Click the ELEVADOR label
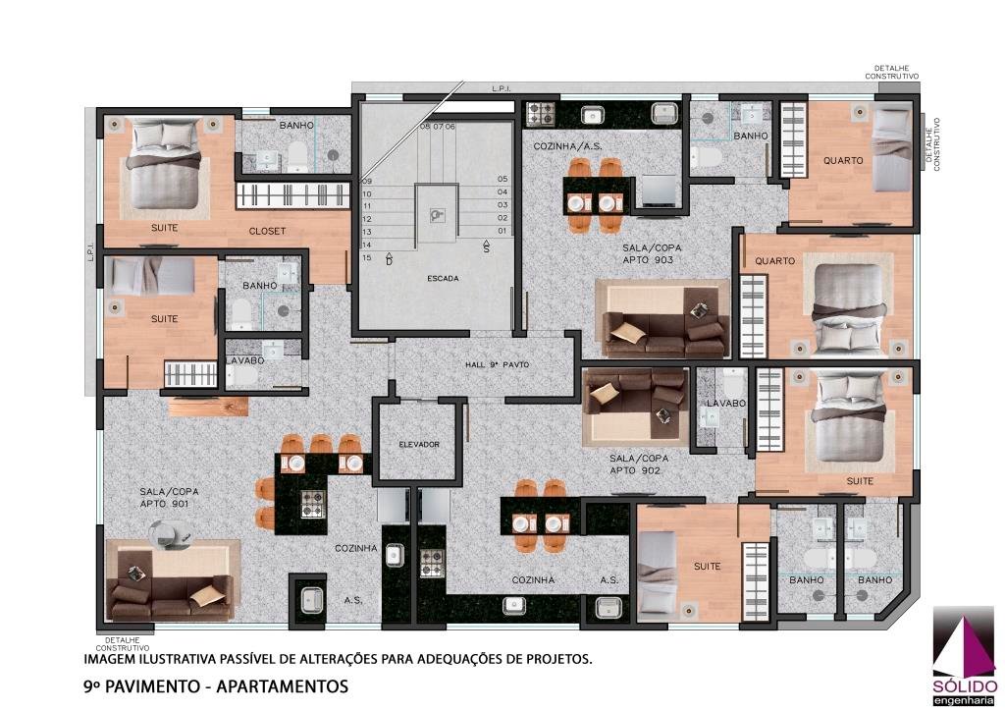419,444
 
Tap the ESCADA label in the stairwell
443,279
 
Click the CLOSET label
267,231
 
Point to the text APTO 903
648,259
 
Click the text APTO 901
164,504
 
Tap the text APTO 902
634,470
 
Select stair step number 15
367,257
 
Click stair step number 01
502,231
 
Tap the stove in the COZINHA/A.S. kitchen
541,114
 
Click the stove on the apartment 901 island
313,503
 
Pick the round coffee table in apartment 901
169,531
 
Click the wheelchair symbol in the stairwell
438,215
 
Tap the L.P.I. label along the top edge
502,88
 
